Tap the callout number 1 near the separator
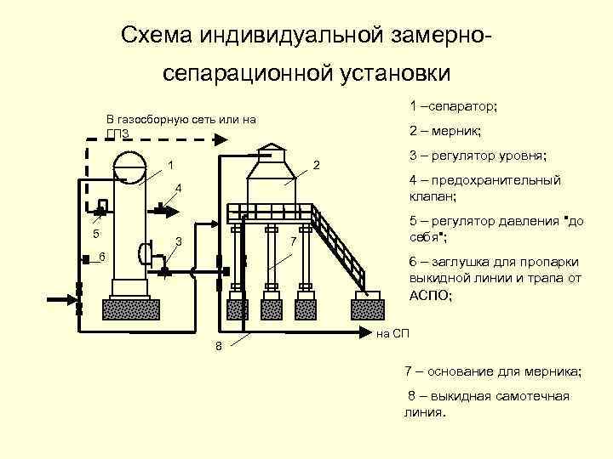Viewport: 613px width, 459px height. [x=171, y=165]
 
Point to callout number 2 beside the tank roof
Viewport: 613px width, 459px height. [x=315, y=164]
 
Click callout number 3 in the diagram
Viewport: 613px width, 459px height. [x=178, y=242]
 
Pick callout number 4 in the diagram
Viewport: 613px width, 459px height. [x=177, y=187]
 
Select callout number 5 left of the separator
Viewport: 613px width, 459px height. [x=96, y=235]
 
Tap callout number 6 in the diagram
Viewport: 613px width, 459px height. [x=102, y=257]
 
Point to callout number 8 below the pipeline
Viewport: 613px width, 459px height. [x=219, y=345]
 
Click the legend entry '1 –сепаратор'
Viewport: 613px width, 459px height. [x=452, y=107]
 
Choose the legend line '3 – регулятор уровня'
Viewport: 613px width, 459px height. [x=478, y=156]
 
